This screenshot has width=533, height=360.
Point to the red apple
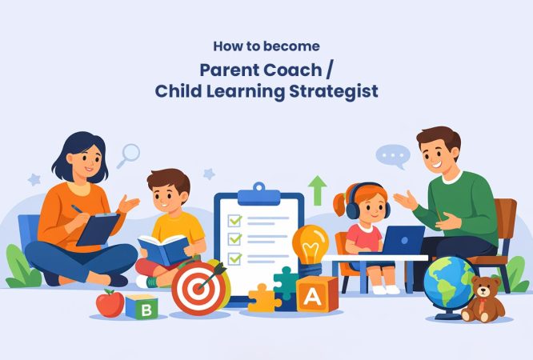click(110, 303)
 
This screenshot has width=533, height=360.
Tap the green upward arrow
click(318, 190)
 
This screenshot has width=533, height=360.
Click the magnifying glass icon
click(128, 154)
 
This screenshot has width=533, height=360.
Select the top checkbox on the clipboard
click(235, 219)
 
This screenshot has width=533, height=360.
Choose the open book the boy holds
click(163, 249)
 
